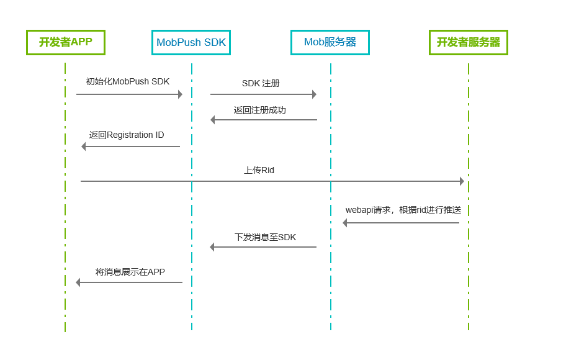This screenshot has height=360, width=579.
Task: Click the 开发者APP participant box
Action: (66, 42)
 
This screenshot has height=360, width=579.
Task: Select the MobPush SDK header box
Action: (191, 42)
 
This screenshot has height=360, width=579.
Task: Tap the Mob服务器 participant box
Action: (330, 42)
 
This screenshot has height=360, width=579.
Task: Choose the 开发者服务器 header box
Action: (469, 42)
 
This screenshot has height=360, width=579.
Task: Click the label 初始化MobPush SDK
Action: (128, 81)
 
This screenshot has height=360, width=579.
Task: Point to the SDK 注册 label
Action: (261, 83)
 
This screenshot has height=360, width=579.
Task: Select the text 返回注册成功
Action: (260, 110)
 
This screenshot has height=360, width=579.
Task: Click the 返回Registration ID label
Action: (127, 135)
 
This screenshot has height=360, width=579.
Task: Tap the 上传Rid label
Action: (259, 170)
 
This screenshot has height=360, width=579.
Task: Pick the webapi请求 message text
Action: (408, 210)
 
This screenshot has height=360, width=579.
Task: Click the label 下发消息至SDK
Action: (265, 237)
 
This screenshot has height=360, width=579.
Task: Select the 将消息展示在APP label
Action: (130, 272)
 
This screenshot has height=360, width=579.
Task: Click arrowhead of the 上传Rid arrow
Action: (462, 181)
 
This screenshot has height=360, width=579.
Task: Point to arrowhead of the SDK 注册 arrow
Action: (314, 94)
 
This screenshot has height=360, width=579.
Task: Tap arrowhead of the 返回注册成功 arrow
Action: (213, 120)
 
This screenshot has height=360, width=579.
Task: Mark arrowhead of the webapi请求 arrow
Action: (345, 223)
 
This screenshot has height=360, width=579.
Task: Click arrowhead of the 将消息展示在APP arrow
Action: (78, 282)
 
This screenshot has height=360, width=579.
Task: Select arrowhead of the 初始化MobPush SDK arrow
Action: (180, 94)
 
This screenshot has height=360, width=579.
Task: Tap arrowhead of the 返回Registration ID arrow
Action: (84, 146)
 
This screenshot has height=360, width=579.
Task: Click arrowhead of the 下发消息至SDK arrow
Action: (212, 247)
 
